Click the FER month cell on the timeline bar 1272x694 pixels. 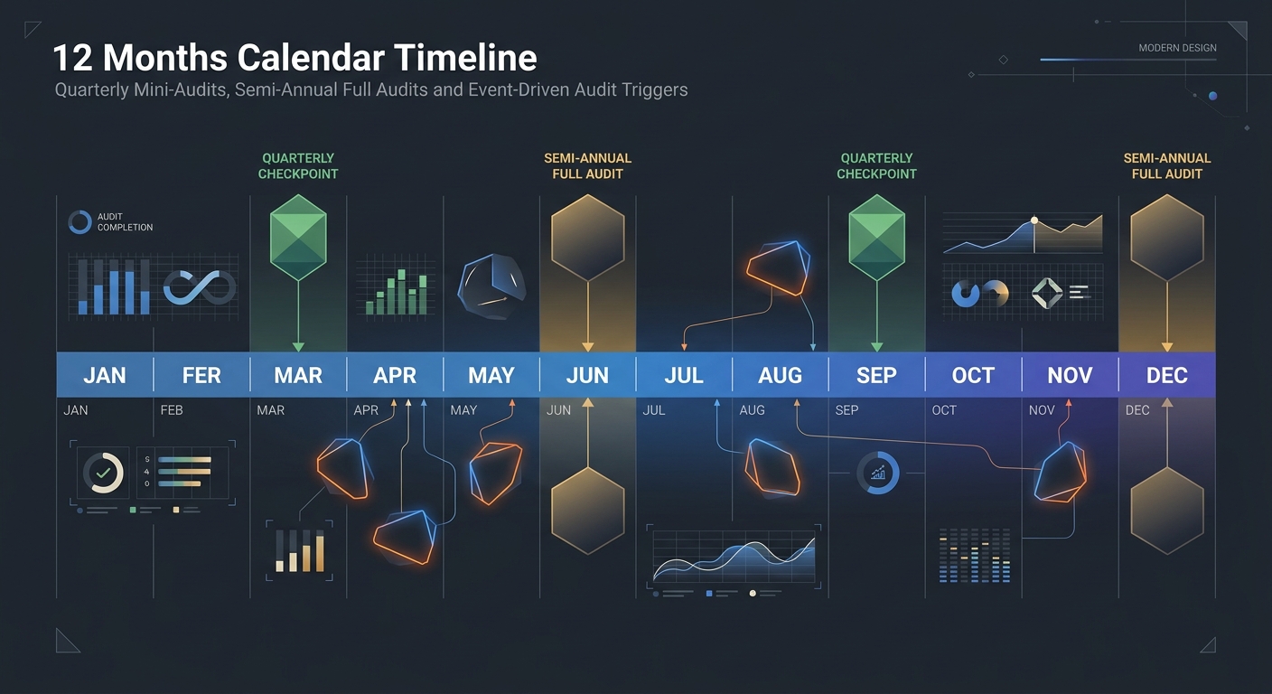(x=201, y=375)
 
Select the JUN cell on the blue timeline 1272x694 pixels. (x=587, y=375)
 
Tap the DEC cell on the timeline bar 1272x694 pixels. (x=1166, y=375)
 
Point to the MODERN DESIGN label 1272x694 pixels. (x=1177, y=48)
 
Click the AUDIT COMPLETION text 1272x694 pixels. (x=125, y=222)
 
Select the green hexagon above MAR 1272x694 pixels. (x=298, y=237)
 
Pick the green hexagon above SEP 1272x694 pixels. (x=876, y=237)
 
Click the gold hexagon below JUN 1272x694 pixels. (x=587, y=511)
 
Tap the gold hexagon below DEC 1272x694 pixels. (x=1166, y=511)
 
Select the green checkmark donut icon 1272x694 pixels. (x=103, y=473)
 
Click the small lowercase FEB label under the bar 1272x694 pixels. (x=172, y=410)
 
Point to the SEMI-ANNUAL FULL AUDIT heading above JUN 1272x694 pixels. (x=587, y=165)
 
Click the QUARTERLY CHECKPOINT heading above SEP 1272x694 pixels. (x=876, y=165)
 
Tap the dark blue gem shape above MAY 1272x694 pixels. (x=491, y=285)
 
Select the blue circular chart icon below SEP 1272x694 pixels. (x=877, y=473)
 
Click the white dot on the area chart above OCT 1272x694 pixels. (x=1034, y=220)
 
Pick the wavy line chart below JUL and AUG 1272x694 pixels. (x=734, y=557)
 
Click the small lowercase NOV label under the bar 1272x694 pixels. (x=1042, y=410)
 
